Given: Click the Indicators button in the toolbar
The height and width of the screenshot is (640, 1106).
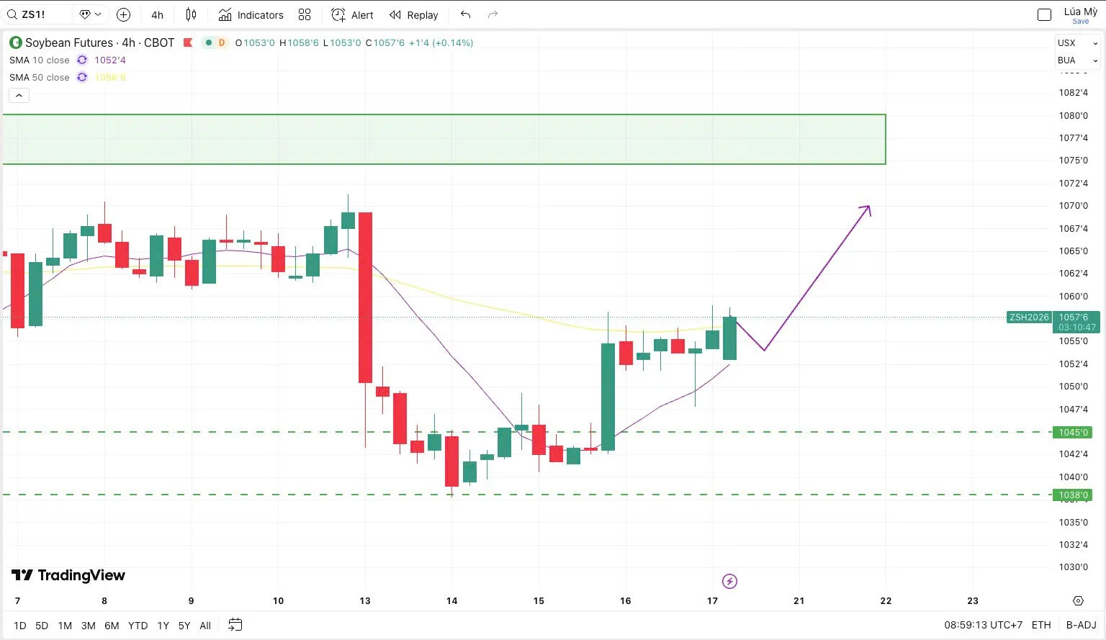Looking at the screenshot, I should [x=251, y=14].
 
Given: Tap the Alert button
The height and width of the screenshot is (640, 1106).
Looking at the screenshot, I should [x=352, y=14].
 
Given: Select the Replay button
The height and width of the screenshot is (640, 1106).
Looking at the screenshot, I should [x=413, y=14].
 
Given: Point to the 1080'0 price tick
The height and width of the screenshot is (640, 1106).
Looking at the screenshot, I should [x=1073, y=115].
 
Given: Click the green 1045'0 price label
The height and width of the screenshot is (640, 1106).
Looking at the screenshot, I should [x=1073, y=432].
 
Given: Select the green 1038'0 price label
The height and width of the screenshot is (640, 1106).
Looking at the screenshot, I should [x=1073, y=495].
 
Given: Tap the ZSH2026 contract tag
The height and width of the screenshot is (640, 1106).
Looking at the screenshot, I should [x=1029, y=317].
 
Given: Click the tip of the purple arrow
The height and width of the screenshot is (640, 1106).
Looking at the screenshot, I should [x=869, y=207].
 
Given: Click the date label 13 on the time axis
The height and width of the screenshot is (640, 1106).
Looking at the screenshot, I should [x=365, y=600].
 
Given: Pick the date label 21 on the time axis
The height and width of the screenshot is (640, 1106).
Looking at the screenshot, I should [x=799, y=600].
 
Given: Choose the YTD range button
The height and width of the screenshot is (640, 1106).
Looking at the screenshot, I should [x=138, y=626].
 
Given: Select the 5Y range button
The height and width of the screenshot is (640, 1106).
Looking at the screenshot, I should [x=184, y=626].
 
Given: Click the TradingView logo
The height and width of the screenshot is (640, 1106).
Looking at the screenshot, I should [x=68, y=574].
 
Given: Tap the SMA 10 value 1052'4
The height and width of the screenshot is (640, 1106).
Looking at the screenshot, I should [x=110, y=60].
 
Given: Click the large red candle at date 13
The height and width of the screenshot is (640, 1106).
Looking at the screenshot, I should [x=365, y=297].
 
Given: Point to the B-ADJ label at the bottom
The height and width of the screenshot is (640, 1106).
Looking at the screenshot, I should [x=1081, y=625].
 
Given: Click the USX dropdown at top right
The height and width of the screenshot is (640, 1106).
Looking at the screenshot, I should [x=1077, y=42].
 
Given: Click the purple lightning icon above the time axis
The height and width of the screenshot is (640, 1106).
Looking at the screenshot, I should [x=729, y=581].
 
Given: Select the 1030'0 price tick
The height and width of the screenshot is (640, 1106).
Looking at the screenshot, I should [x=1073, y=567].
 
